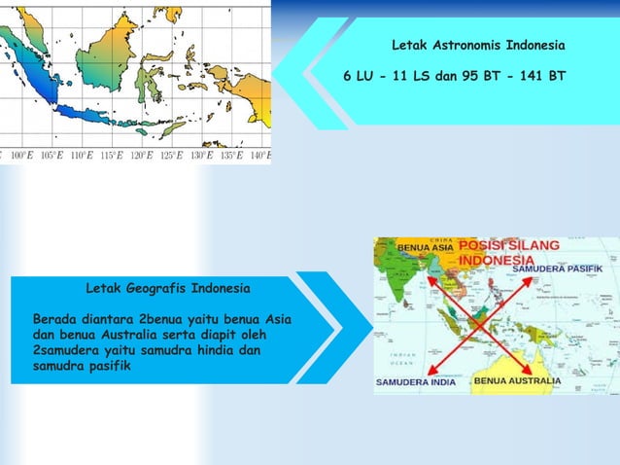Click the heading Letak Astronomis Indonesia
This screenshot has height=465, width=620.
[x=477, y=46]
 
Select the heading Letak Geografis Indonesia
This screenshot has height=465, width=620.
[x=167, y=289]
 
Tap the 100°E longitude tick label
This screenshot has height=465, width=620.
[x=18, y=156]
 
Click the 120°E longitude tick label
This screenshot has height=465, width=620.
[x=141, y=156]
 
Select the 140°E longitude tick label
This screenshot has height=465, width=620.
[x=260, y=156]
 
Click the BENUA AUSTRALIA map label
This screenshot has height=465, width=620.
[x=517, y=380]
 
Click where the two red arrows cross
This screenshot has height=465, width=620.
[x=479, y=322]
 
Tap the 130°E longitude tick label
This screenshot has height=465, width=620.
[x=201, y=156]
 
